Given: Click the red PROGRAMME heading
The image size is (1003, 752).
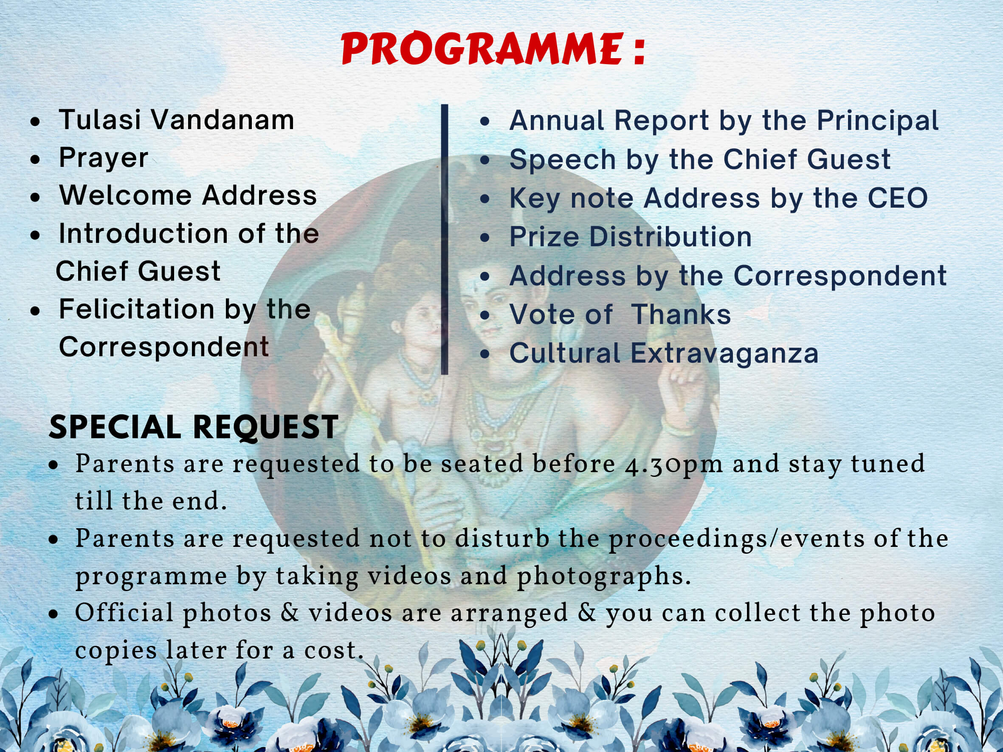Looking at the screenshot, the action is coord(493,49).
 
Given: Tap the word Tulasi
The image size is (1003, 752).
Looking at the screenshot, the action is coord(100,120).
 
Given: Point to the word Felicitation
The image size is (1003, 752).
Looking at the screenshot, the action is coord(136,309).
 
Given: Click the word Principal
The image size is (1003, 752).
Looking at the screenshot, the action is coord(878,121).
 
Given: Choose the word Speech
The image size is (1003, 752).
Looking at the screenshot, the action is coord(562,160).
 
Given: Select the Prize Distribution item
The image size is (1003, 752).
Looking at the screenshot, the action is coord(631,237).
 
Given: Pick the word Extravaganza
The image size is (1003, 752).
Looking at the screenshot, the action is coord(724,354).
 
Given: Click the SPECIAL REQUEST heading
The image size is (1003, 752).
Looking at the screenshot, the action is coord(194,428).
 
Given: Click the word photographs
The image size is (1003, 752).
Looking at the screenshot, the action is coord(603,577).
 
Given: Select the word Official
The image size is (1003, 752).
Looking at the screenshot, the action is coord(124,613).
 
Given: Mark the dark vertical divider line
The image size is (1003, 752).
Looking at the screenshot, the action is coord(444,239).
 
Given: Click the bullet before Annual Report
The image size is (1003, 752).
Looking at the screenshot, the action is coord(485,121).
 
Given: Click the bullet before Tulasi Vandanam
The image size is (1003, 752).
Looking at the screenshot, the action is coord(35,121).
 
